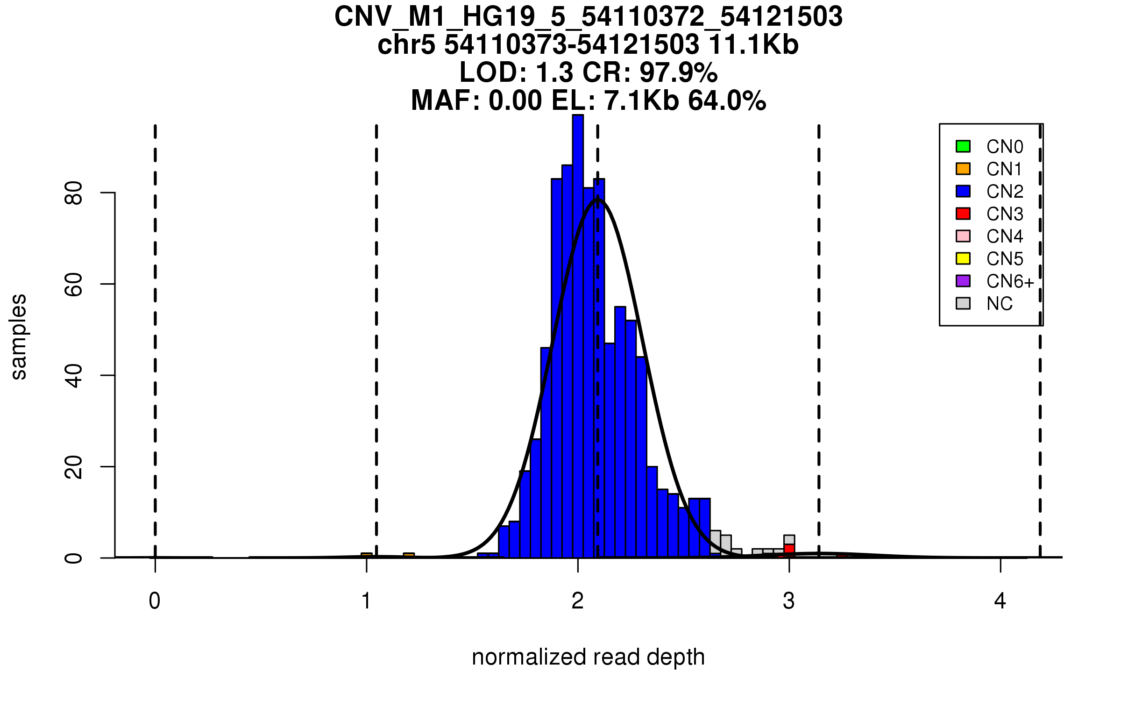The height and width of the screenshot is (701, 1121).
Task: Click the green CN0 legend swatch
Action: [x=963, y=146]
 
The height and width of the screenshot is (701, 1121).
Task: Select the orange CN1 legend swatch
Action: [x=963, y=169]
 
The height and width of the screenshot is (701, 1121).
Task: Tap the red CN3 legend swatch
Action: [x=963, y=214]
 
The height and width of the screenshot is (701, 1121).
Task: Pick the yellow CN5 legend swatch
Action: [x=963, y=258]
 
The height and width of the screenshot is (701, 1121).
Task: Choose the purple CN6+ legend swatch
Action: [x=963, y=281]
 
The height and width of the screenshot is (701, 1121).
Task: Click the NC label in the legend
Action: [x=999, y=304]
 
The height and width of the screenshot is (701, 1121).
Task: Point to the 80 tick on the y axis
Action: [x=74, y=193]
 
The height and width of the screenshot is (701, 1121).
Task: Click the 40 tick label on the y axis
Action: [x=74, y=375]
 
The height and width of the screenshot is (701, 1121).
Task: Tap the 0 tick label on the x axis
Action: [x=155, y=601]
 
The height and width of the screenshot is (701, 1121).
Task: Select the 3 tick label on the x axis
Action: [x=789, y=601]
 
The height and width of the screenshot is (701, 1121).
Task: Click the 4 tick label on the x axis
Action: [x=1000, y=601]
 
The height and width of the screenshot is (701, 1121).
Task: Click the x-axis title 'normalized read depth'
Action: [x=588, y=657]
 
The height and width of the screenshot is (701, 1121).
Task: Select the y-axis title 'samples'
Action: [x=19, y=336]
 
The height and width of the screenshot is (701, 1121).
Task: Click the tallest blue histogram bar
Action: [x=578, y=327]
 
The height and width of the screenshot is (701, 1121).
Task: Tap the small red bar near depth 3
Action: [x=789, y=549]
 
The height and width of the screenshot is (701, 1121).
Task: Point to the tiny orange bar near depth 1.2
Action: [x=409, y=555]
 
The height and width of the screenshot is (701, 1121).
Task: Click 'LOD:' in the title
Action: [x=493, y=73]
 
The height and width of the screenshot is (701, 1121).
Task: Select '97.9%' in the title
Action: [x=678, y=73]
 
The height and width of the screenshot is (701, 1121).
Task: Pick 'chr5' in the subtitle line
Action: [x=406, y=45]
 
